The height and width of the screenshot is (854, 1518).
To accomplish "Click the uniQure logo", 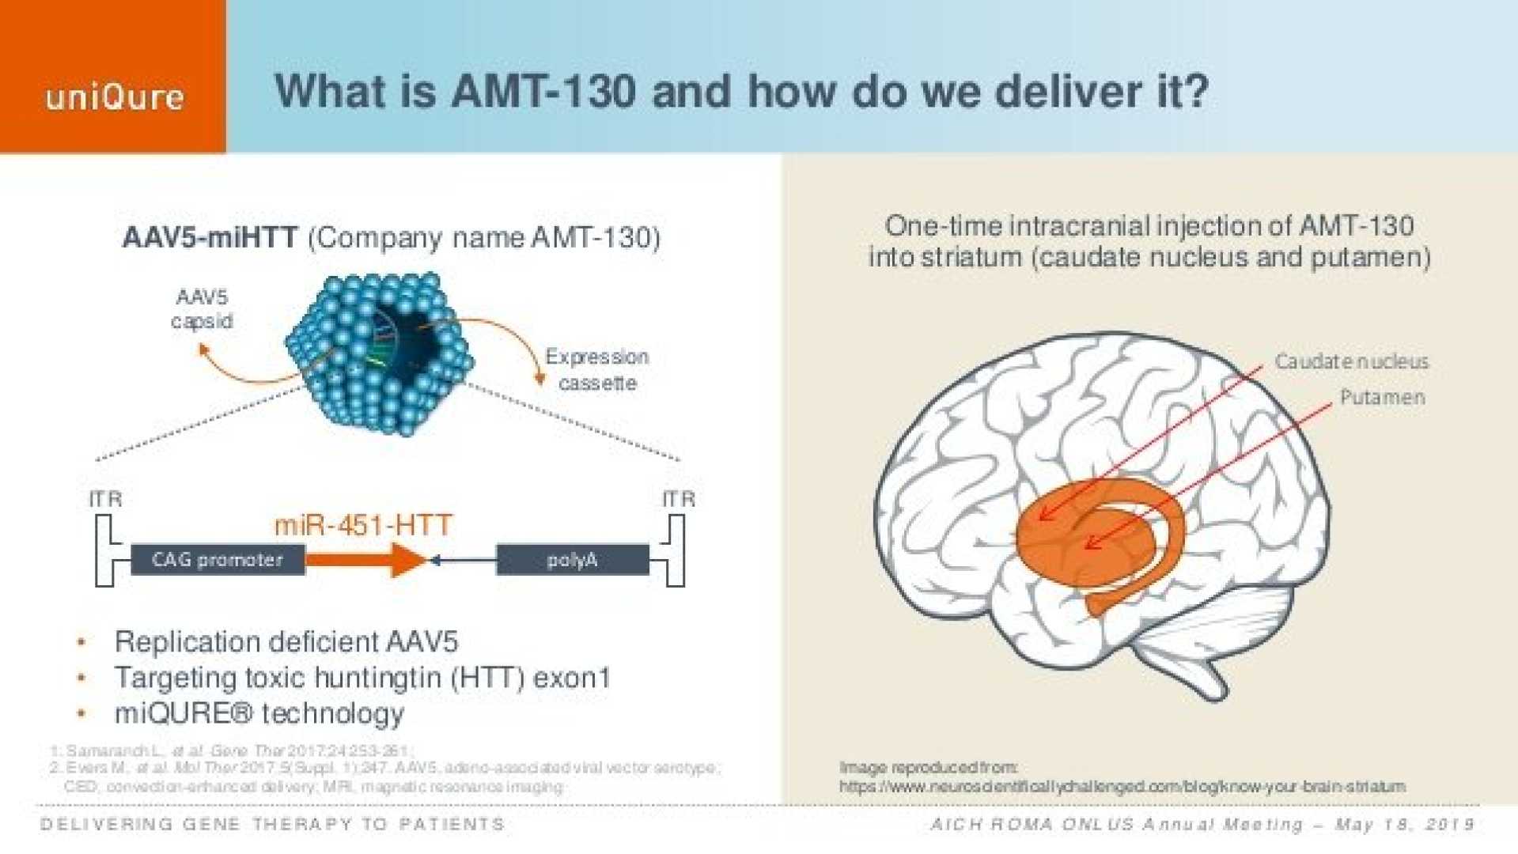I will [115, 97].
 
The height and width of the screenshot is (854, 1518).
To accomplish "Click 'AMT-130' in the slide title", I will [543, 91].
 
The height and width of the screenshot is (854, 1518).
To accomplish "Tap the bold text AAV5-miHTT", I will [210, 237].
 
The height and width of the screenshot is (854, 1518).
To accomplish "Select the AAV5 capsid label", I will [202, 309].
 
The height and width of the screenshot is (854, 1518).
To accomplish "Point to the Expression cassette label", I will [597, 369].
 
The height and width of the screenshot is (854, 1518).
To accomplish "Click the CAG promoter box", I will [218, 560].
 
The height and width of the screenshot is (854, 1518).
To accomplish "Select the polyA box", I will [572, 560].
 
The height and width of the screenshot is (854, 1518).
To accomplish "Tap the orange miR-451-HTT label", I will [363, 525].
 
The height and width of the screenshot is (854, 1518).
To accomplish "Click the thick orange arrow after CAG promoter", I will [364, 560].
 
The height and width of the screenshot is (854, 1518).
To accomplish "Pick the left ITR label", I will [105, 499].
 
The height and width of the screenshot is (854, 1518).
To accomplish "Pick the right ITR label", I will [679, 499].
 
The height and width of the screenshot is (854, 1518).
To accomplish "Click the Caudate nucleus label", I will [1351, 361].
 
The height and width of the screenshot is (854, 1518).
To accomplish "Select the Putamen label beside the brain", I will [1382, 397].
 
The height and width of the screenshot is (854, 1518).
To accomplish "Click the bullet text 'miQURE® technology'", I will [259, 713].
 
